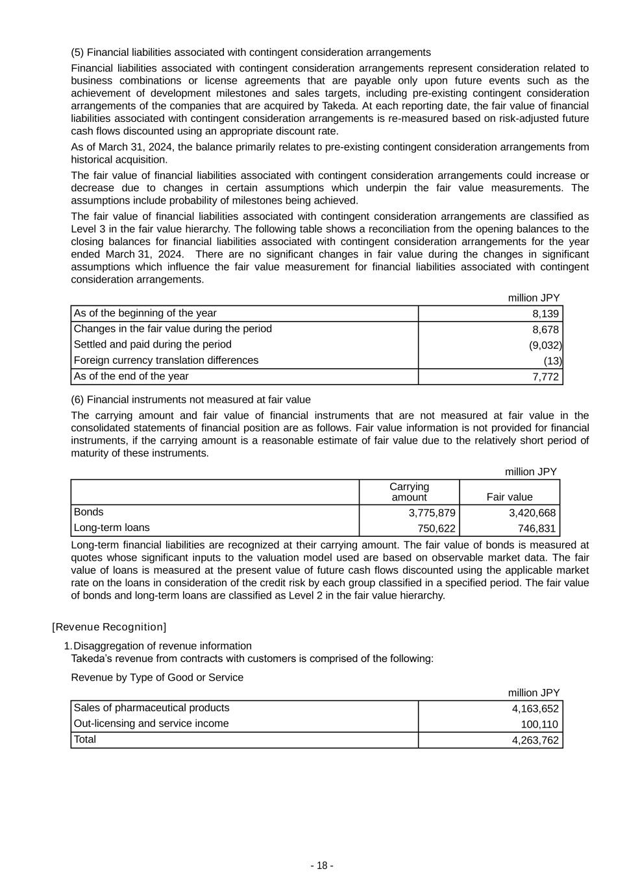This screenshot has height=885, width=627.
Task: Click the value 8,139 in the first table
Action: pos(545,314)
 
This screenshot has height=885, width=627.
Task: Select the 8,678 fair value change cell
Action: pos(545,329)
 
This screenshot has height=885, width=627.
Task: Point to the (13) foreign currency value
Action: pos(553,360)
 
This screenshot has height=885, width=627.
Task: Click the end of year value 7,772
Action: pos(545,377)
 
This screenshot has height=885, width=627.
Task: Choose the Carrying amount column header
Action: pos(409,492)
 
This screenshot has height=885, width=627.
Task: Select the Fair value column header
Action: pos(510,497)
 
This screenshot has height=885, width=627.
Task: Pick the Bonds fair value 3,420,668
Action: pos(532,513)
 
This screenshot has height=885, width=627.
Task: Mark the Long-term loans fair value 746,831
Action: pos(536,528)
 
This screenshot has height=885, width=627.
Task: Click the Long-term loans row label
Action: pos(112,528)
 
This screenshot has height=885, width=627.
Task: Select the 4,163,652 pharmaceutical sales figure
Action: pos(535,709)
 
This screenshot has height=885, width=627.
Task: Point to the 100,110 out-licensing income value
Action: pos(539,724)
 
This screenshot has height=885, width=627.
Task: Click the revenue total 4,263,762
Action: pos(535,740)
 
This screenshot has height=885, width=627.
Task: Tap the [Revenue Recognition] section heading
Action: pos(109,627)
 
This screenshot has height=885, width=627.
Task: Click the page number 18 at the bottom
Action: pos(322,866)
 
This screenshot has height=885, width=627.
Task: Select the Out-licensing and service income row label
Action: pos(151,724)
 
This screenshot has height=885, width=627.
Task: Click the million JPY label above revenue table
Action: pos(534,693)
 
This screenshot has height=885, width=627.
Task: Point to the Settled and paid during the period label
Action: pos(153,344)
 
